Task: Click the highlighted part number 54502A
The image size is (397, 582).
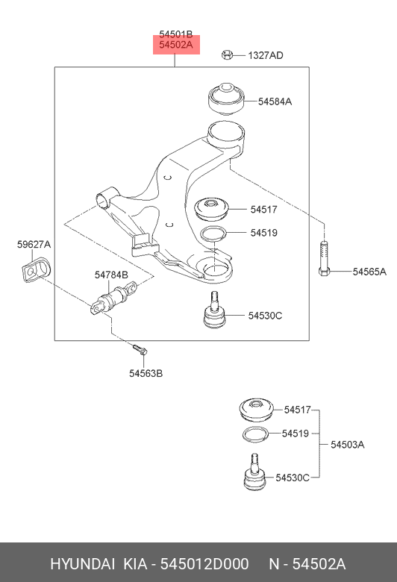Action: tap(176, 45)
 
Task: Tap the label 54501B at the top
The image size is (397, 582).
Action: tap(176, 34)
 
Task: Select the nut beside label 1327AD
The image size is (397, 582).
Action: tap(227, 55)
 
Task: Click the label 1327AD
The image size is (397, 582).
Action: tap(266, 55)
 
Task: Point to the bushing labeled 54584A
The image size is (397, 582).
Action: tap(225, 98)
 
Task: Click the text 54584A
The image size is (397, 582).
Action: tap(275, 101)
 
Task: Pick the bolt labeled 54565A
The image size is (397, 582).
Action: tap(324, 258)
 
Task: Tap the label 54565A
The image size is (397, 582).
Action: tap(369, 272)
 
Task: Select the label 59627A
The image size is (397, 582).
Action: tap(34, 245)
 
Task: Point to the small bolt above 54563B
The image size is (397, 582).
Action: tap(140, 349)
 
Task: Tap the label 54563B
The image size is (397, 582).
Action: tap(146, 373)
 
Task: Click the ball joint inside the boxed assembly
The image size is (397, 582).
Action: tap(215, 310)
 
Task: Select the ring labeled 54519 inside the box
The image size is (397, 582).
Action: tap(213, 234)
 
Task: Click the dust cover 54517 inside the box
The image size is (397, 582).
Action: tap(212, 210)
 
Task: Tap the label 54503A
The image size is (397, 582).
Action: tap(348, 444)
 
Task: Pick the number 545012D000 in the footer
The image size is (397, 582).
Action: tap(204, 564)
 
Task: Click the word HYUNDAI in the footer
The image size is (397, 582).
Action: tap(82, 564)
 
